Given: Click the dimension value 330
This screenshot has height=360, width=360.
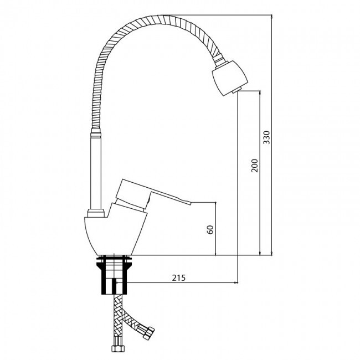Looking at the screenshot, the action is coord(267,137).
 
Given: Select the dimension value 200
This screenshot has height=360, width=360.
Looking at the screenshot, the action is coord(255,165).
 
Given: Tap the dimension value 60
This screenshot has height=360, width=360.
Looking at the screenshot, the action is coord(210,230).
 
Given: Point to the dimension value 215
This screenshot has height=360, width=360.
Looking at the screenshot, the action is coord(179,278).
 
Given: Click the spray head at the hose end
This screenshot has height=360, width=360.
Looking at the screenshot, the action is coord(230,78).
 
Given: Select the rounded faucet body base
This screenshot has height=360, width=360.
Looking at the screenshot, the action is coord(116,234).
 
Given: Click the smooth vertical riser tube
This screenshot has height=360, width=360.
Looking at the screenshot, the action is coord(96,172).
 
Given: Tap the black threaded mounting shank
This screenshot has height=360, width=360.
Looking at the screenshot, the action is coord(114,275).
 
